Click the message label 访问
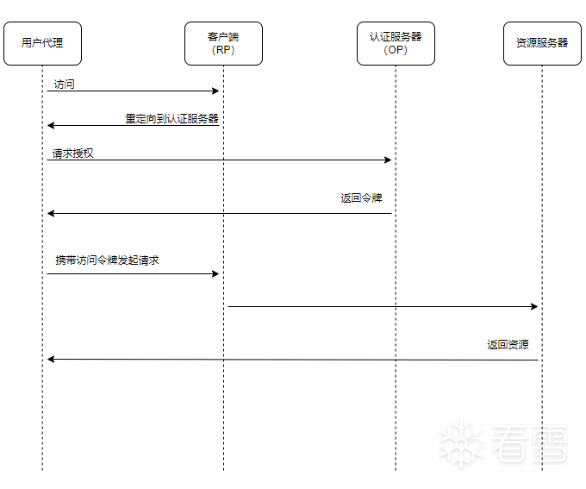click(x=64, y=85)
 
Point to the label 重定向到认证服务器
click(x=171, y=119)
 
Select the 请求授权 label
click(x=72, y=154)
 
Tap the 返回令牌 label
click(x=361, y=197)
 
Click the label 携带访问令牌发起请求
click(x=107, y=260)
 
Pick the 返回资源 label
click(x=508, y=345)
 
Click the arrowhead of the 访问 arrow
click(x=215, y=91)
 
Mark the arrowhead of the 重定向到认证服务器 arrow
click(x=51, y=125)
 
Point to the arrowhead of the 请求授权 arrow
click(x=388, y=160)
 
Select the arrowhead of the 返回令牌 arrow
click(x=51, y=214)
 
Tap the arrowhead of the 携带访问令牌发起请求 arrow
click(x=215, y=274)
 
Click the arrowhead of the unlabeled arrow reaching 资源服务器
click(x=534, y=307)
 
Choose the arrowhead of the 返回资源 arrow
click(x=51, y=359)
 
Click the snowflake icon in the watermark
click(x=461, y=444)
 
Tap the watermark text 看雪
click(x=530, y=444)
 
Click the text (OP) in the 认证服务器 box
click(x=396, y=50)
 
